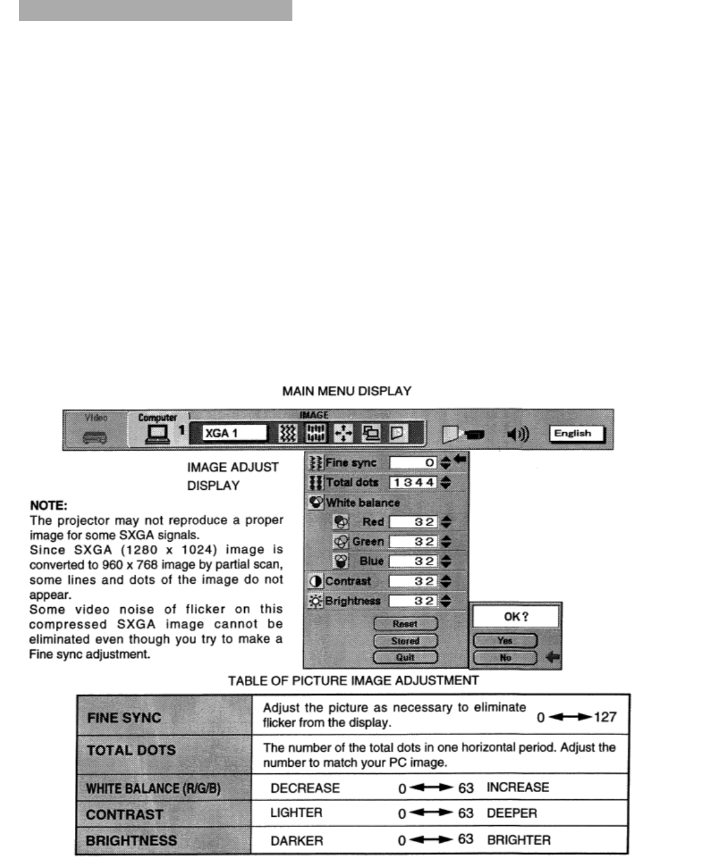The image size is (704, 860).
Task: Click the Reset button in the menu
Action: click(x=405, y=624)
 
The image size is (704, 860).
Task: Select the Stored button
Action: click(x=405, y=641)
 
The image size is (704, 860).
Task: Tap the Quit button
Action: click(x=405, y=657)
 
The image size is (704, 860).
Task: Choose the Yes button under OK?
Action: click(x=505, y=641)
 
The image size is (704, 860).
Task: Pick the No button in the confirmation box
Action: click(x=505, y=658)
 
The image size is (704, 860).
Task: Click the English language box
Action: click(x=576, y=434)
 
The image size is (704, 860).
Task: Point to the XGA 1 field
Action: click(x=235, y=433)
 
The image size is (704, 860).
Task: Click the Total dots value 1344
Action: click(x=413, y=483)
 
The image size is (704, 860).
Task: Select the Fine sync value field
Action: click(x=413, y=463)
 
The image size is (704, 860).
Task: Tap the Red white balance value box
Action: click(x=413, y=522)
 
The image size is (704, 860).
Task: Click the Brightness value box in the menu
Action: click(x=413, y=601)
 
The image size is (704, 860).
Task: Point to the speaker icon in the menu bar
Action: click(x=518, y=435)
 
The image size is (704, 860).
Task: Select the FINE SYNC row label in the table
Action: click(x=124, y=718)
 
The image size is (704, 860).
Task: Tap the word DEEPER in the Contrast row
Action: click(x=512, y=813)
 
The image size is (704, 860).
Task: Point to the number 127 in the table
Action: click(x=605, y=717)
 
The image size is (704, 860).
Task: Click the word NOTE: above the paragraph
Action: click(x=48, y=506)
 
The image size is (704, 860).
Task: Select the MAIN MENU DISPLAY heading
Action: click(x=347, y=392)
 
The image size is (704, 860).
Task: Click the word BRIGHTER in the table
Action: click(x=519, y=840)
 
